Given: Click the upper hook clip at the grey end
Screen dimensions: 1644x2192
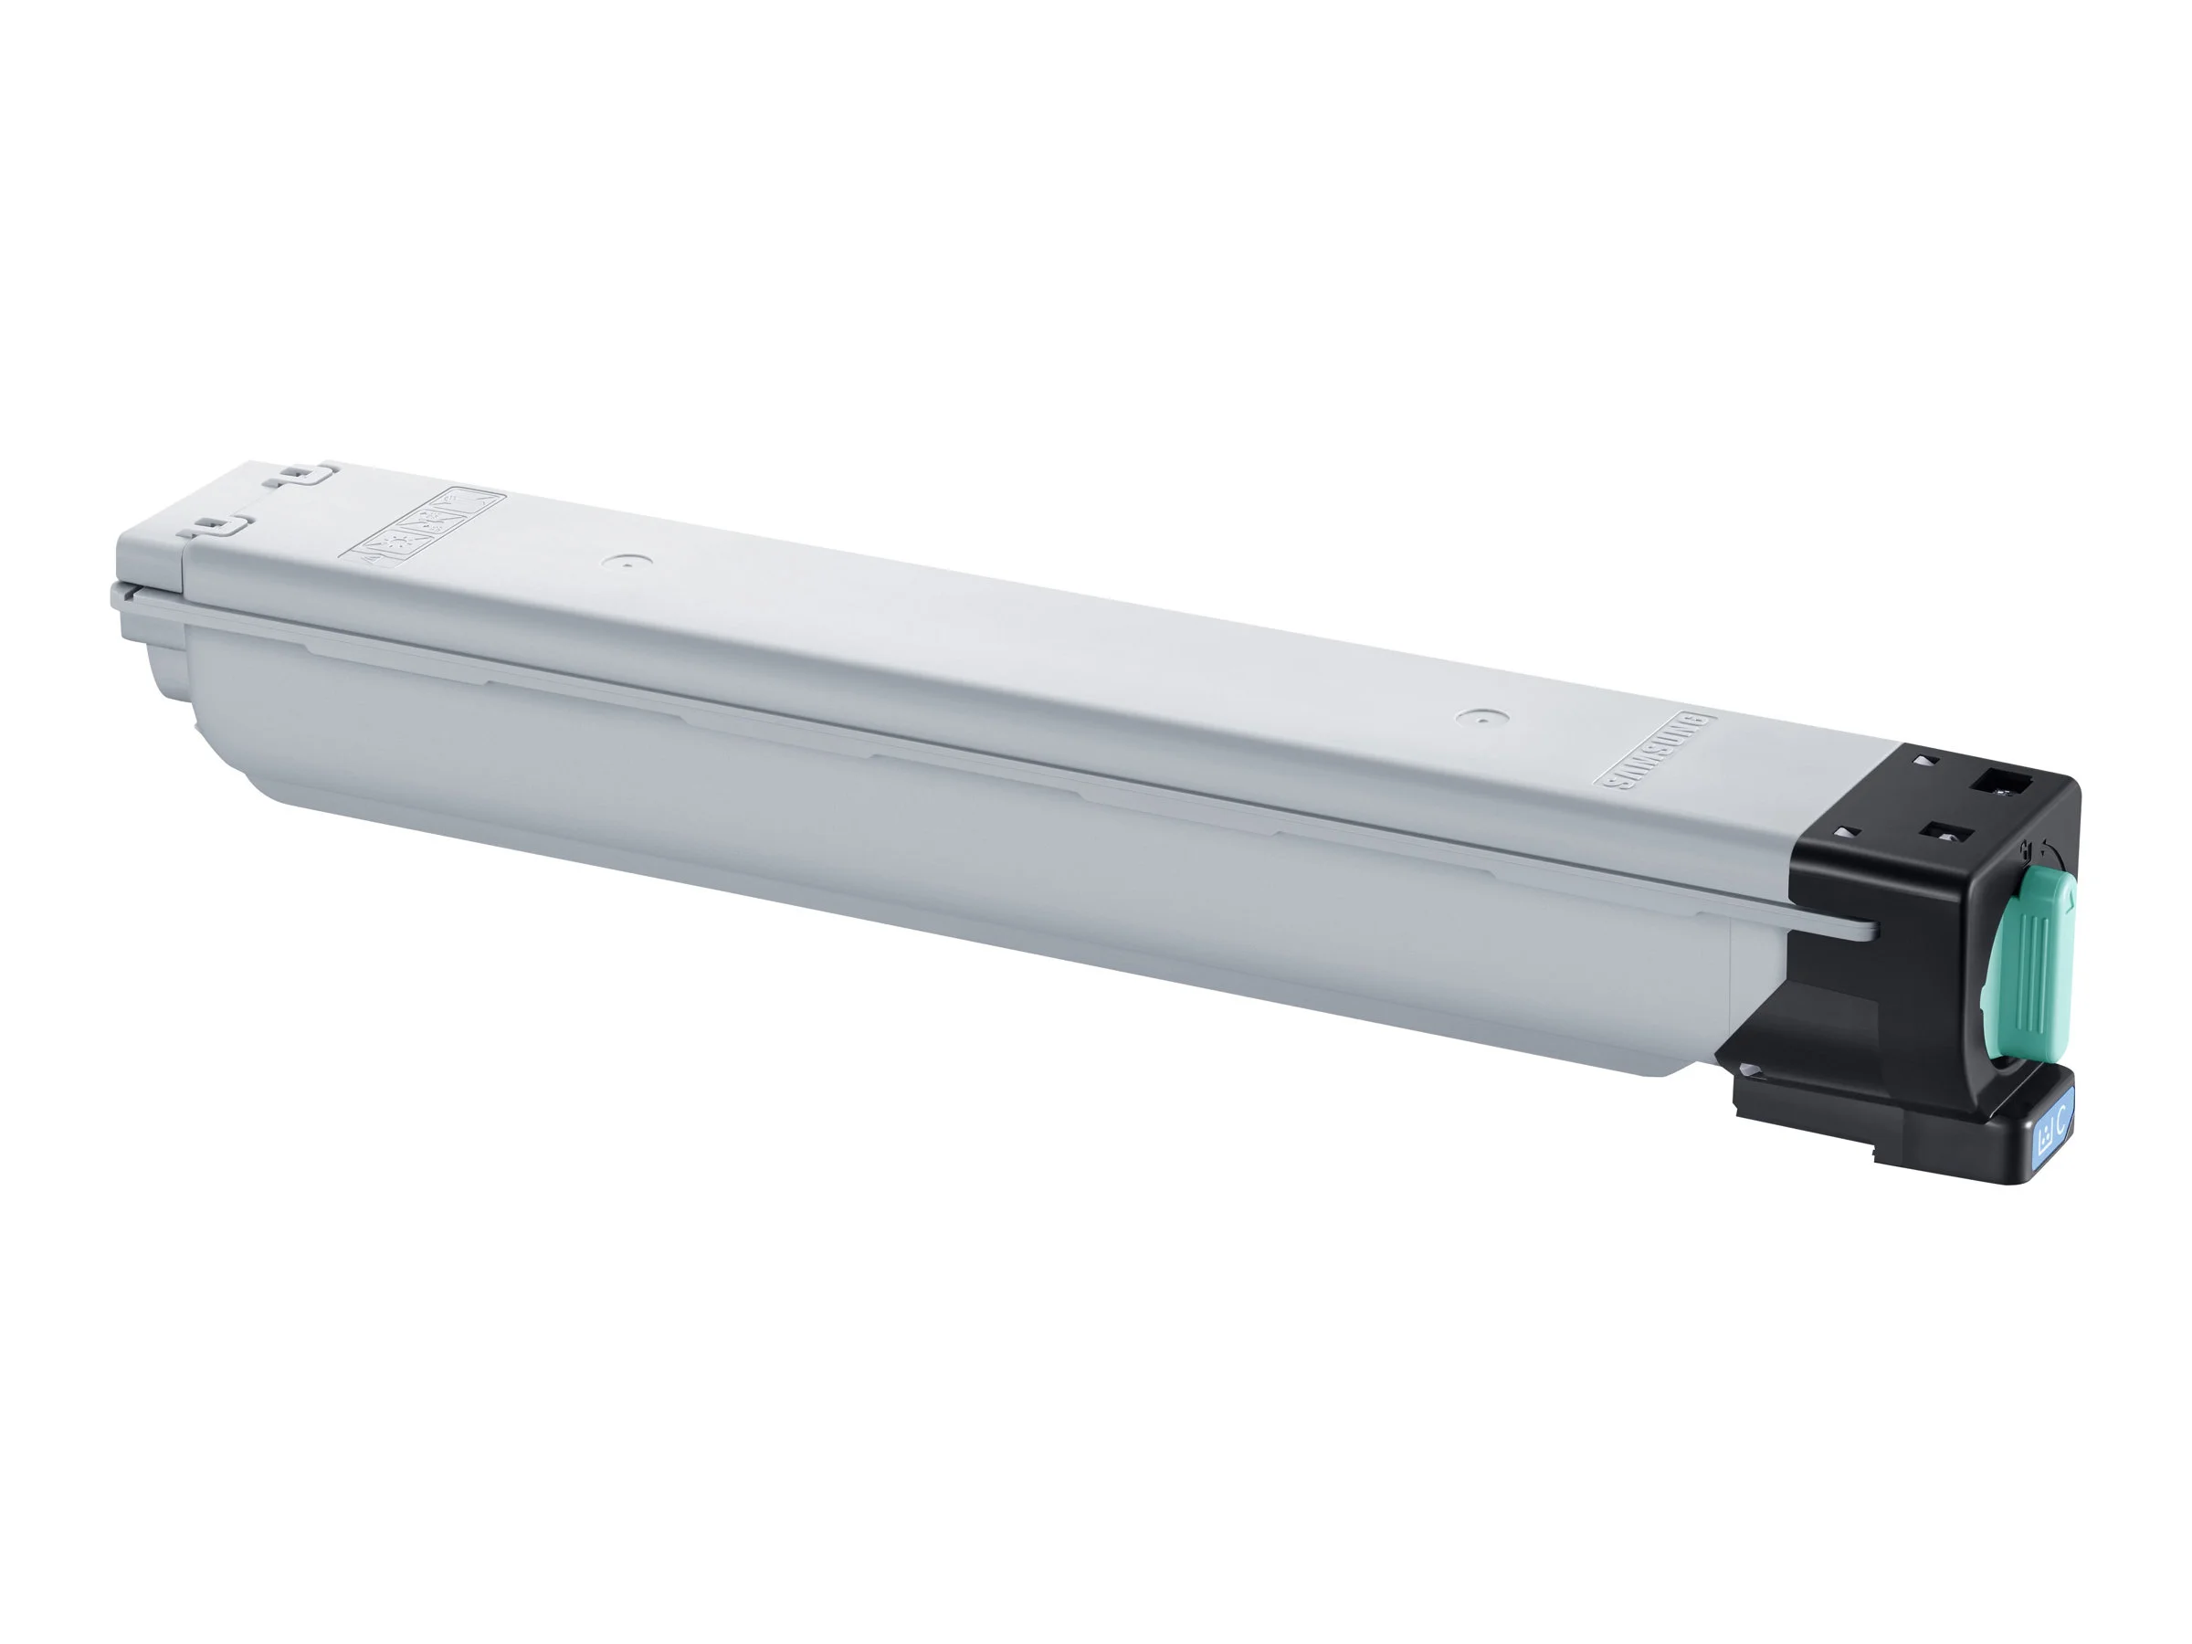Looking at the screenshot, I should pos(301,475).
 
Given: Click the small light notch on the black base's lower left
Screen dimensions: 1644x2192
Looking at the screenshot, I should pos(1752,1070).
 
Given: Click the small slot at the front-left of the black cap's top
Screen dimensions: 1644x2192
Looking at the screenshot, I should pos(1845,831).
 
